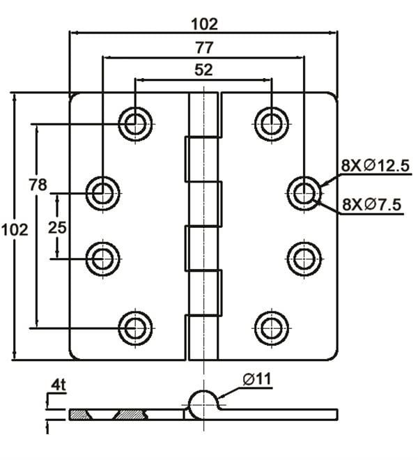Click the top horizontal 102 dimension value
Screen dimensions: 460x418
coord(203,24)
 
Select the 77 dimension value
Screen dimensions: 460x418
coord(203,48)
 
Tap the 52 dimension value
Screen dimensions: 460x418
coord(203,70)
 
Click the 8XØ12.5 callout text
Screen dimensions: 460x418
coord(374,166)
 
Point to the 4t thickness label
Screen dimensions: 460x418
coord(58,384)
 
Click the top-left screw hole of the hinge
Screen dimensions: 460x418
coord(135,123)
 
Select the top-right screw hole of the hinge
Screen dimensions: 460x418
coord(270,123)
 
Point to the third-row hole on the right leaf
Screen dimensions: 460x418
coord(304,259)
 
